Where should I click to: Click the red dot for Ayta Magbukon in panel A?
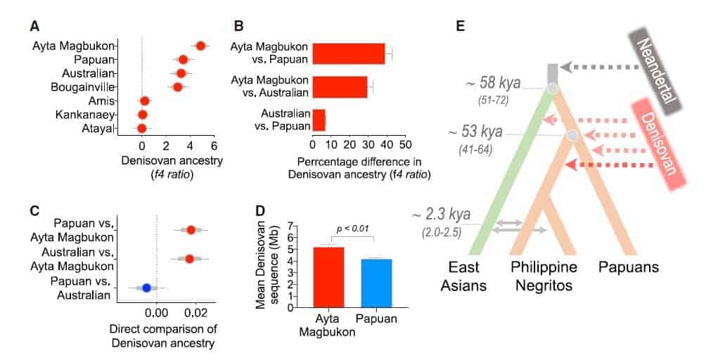click(200, 46)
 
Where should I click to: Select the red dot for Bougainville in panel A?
click(178, 86)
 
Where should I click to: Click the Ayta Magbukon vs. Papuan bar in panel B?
click(349, 53)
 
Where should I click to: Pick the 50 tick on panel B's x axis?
click(404, 145)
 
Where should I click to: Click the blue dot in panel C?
click(146, 287)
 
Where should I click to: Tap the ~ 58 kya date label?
click(492, 84)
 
